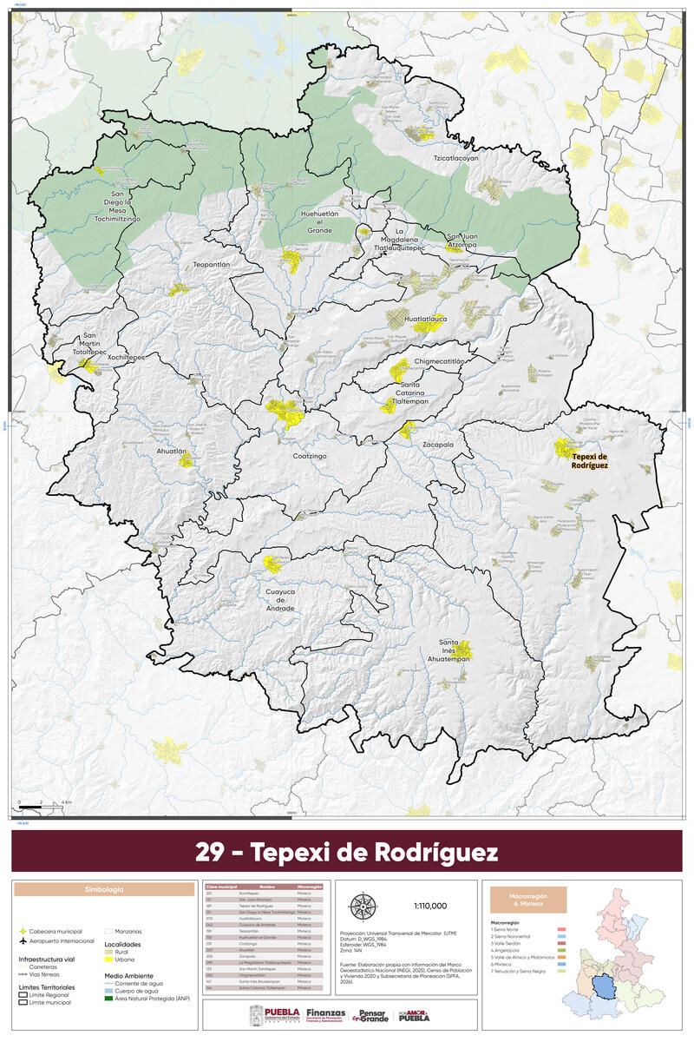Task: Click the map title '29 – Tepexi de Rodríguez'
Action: (x=347, y=852)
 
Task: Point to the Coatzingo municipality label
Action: (x=309, y=454)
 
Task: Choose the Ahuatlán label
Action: (x=172, y=452)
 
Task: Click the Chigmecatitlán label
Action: (x=440, y=360)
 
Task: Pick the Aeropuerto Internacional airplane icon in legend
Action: (x=22, y=940)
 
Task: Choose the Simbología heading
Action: (x=104, y=890)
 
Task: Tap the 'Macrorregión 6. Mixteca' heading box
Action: (x=528, y=900)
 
